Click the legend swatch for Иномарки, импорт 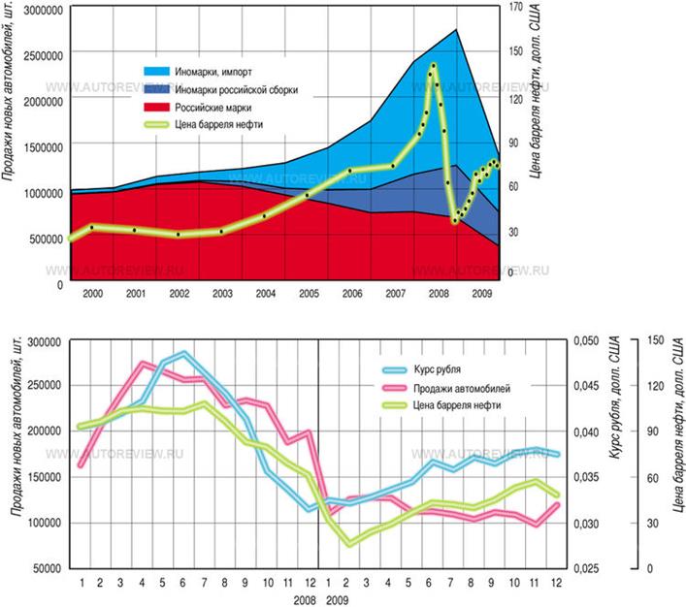(x=156, y=71)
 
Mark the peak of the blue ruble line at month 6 (x=183, y=353)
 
